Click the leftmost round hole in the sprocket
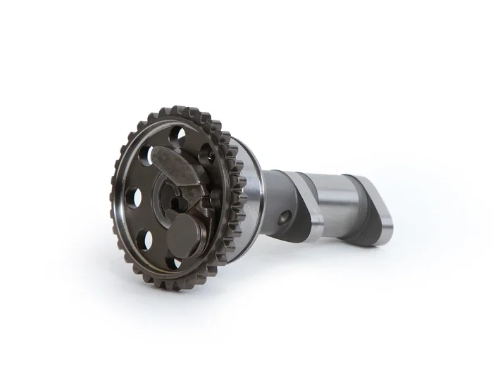133,198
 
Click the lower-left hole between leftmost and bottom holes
144,240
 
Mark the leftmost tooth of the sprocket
114,200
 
